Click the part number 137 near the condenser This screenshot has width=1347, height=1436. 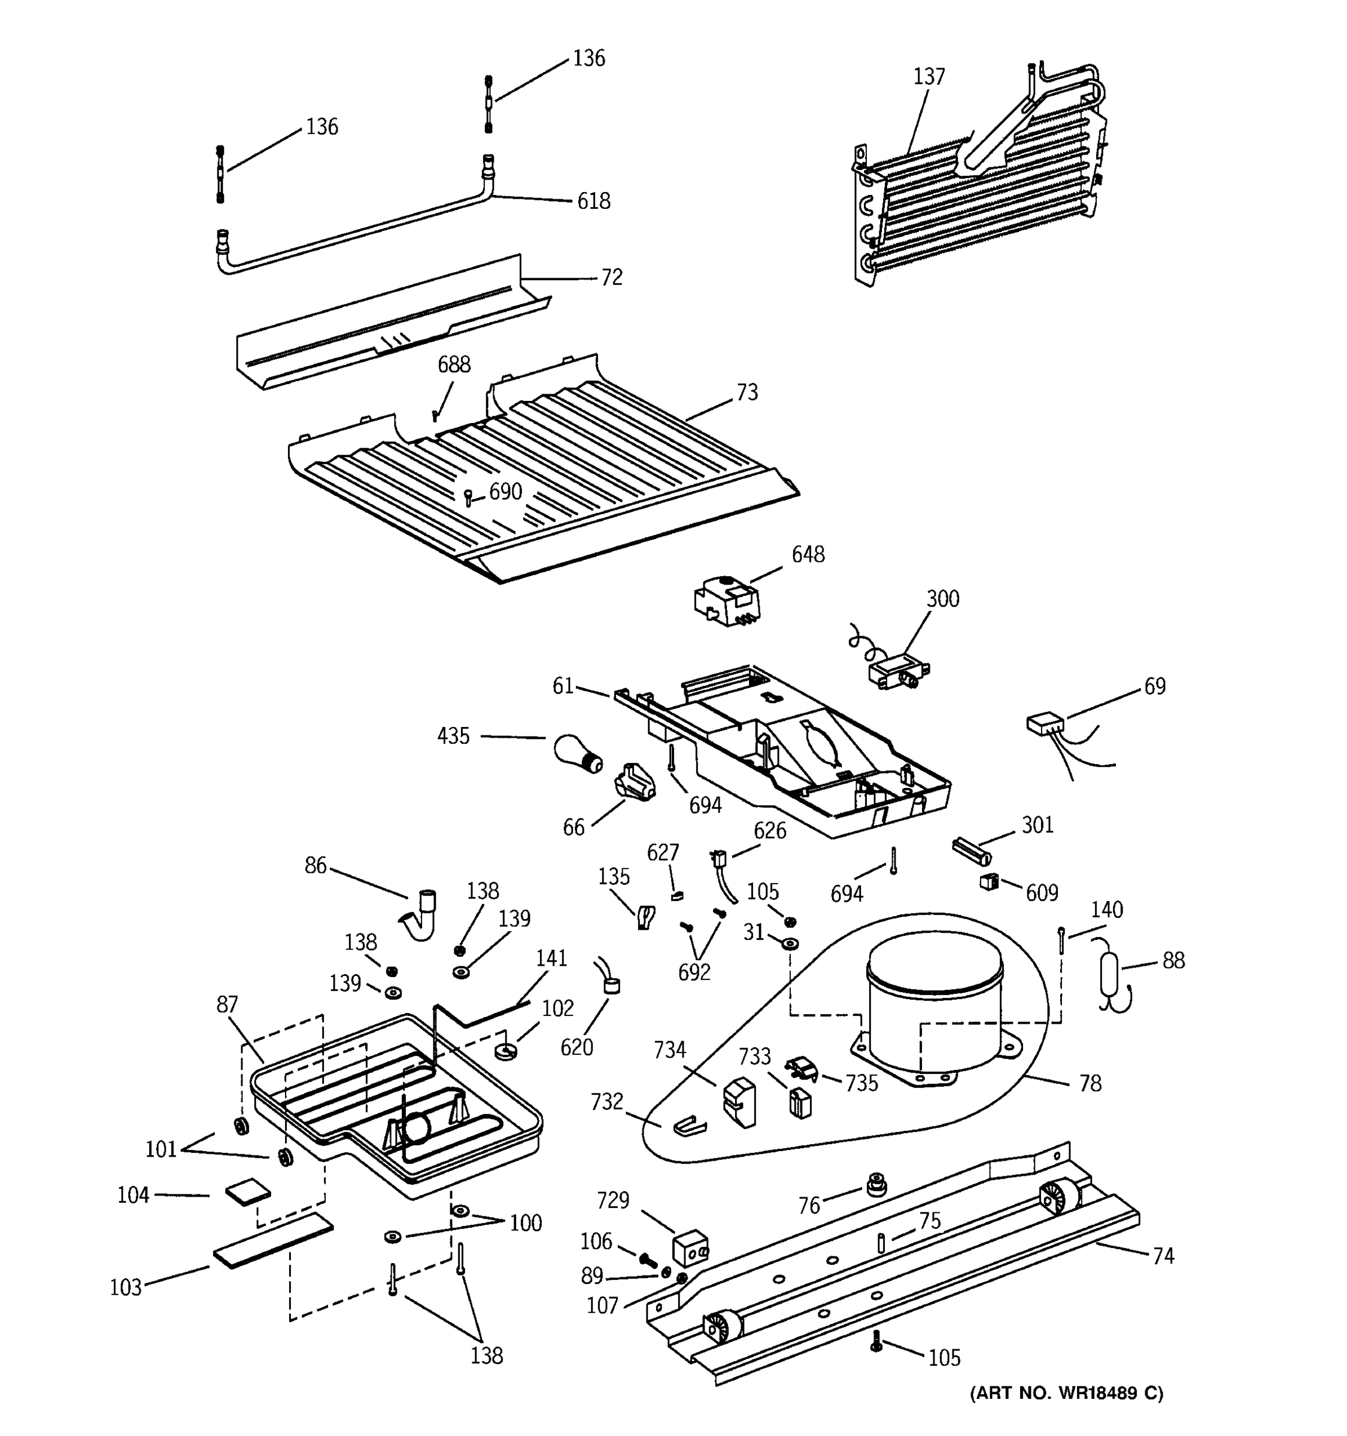929,76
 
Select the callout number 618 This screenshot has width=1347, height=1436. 593,201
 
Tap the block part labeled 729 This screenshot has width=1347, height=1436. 690,1248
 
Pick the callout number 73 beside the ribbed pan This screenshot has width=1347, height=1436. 747,393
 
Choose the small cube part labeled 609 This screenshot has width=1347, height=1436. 988,881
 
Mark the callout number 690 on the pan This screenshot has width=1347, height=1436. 505,492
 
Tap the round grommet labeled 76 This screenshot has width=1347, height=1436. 876,1184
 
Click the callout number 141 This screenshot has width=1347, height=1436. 551,958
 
